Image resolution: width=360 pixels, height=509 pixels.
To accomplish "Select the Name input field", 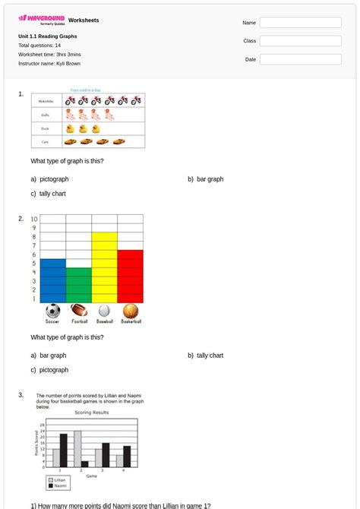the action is click(x=300, y=23).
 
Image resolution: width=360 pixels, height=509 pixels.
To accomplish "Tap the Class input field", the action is click(x=300, y=41).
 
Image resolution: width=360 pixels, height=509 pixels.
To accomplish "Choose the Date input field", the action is click(x=300, y=59).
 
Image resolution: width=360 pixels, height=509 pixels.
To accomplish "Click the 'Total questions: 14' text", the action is click(x=39, y=46).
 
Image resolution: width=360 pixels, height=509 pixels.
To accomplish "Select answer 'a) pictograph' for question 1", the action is click(x=49, y=179).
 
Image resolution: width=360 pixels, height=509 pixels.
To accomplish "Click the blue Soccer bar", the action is click(x=52, y=280).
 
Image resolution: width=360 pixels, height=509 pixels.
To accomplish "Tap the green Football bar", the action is click(x=78, y=285).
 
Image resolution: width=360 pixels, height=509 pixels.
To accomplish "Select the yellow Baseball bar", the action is click(x=104, y=267).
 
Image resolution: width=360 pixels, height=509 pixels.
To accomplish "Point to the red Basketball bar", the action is click(x=130, y=276).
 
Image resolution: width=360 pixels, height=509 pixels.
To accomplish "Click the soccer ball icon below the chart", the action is click(x=52, y=311).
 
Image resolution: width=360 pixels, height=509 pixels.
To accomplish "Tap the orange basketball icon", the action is click(x=131, y=311).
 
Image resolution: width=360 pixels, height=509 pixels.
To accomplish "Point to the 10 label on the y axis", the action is click(x=34, y=219).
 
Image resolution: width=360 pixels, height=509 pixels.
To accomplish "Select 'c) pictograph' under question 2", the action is click(x=49, y=370).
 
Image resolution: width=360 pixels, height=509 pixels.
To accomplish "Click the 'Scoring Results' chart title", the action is click(x=92, y=413).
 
